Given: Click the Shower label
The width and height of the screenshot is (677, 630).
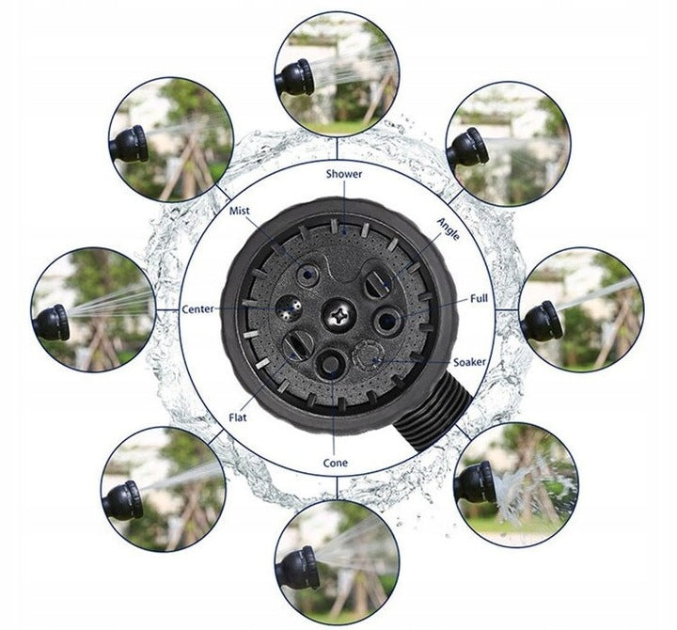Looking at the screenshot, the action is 344,174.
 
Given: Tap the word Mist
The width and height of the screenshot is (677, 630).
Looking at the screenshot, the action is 239,211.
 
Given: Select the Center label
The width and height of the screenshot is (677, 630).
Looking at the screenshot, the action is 197,309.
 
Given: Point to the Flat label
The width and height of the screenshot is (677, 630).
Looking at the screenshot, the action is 238,417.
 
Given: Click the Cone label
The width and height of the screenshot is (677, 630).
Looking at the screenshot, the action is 335,463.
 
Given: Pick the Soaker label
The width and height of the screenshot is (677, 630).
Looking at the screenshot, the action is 469,362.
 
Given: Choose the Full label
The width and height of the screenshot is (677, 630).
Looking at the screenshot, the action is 479,298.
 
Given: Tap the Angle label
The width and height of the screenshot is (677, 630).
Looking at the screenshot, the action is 449,228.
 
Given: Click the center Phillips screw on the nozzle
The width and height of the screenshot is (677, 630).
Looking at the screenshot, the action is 338,316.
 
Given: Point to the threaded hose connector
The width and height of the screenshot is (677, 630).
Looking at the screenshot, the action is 433,416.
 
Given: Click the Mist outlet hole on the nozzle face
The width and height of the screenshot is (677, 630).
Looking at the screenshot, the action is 307,274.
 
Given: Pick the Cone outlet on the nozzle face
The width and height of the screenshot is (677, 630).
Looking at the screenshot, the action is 330,364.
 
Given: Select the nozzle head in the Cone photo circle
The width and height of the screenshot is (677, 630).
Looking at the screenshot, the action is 299,568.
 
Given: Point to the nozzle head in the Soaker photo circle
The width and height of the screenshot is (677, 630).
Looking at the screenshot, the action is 476,481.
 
